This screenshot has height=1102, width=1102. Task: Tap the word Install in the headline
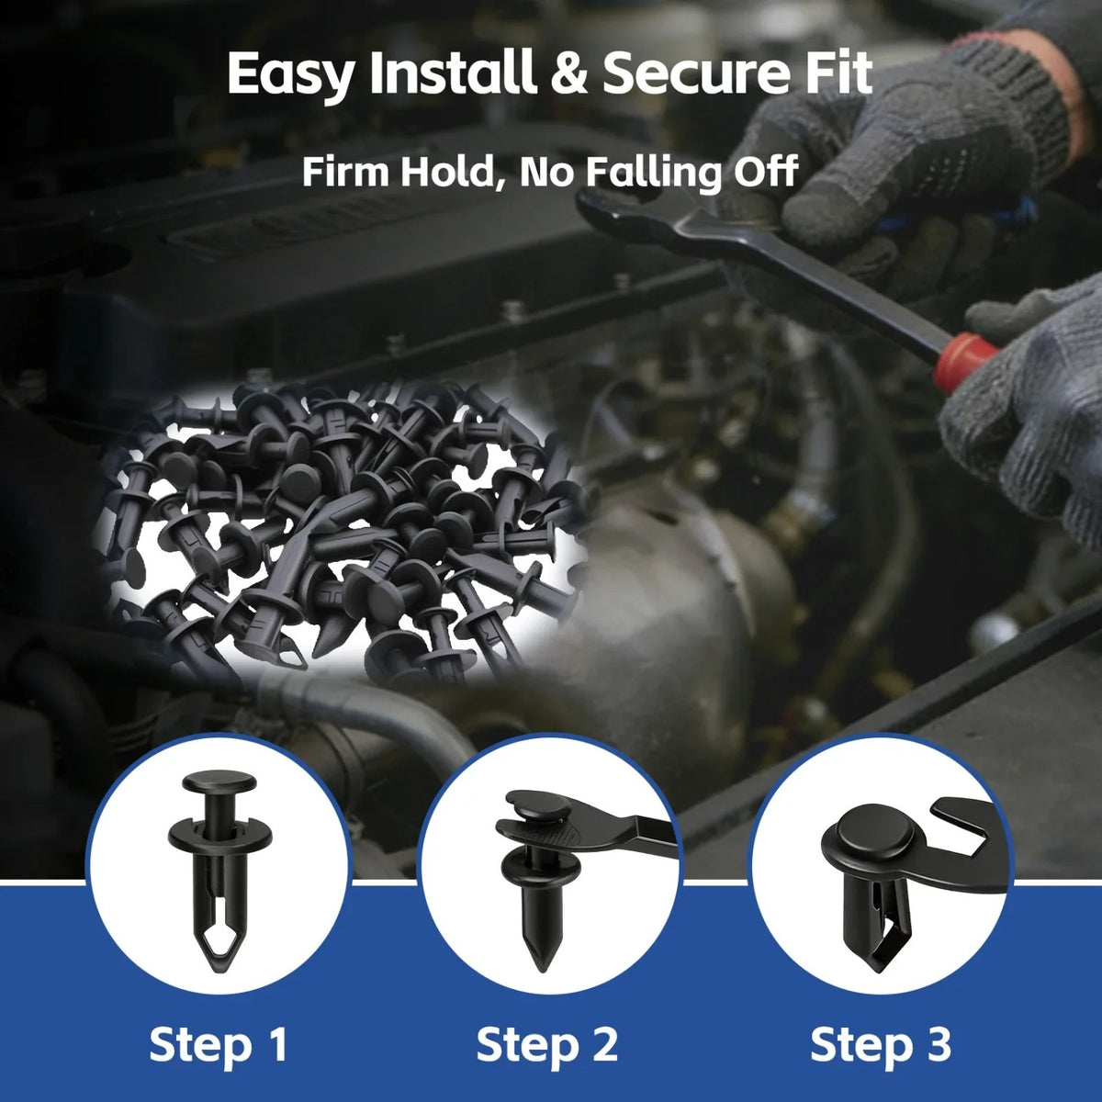pyautogui.click(x=453, y=73)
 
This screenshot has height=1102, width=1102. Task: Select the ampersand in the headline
pyautogui.click(x=570, y=73)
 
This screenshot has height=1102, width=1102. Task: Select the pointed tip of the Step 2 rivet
pyautogui.click(x=539, y=963)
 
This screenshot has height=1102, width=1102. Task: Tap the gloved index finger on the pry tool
pyautogui.click(x=818, y=198)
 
